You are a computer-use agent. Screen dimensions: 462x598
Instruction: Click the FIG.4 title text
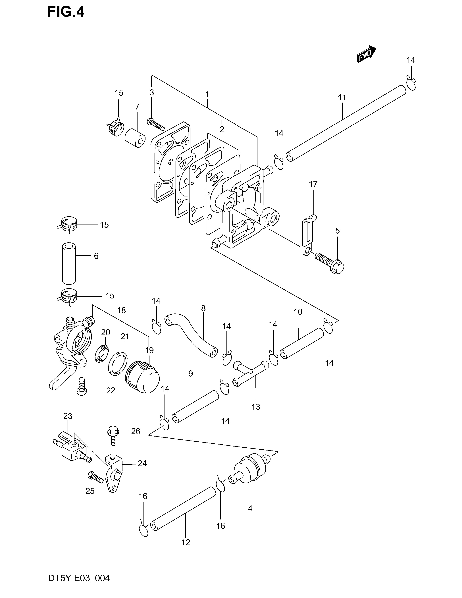click(x=66, y=12)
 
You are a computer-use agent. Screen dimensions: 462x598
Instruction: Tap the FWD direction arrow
click(x=367, y=54)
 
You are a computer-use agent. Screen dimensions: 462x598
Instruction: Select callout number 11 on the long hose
click(x=342, y=98)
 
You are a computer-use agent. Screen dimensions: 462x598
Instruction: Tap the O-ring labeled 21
click(x=118, y=363)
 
